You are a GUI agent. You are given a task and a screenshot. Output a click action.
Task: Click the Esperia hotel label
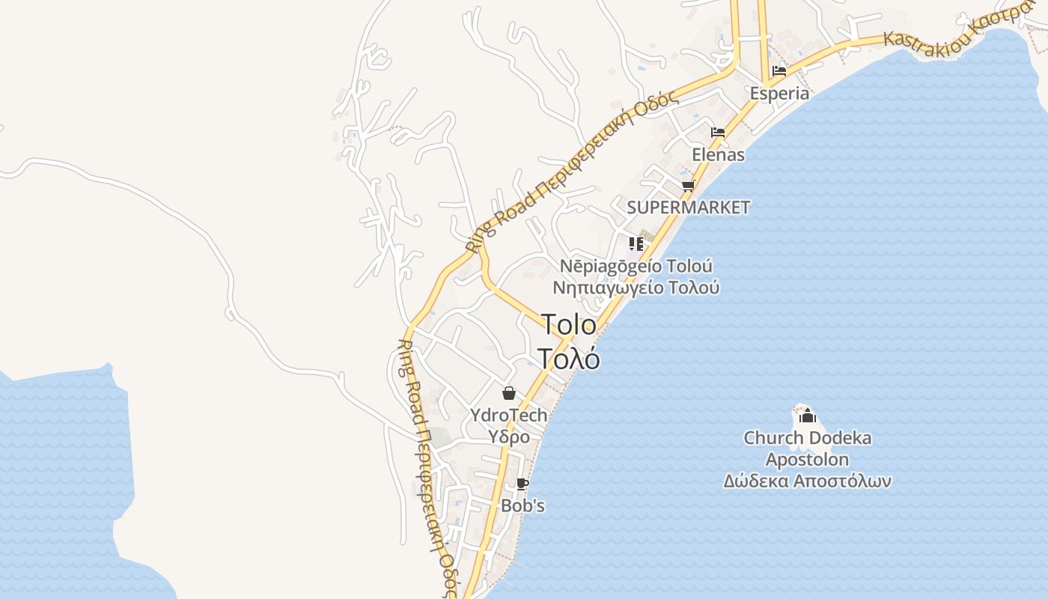click(780, 94)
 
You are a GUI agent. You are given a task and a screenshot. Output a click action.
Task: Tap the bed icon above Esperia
click(779, 72)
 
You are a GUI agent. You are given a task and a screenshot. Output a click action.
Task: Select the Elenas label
click(719, 155)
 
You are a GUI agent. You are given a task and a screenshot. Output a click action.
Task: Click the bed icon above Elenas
click(718, 133)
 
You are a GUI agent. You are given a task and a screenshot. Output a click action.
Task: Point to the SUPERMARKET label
click(688, 207)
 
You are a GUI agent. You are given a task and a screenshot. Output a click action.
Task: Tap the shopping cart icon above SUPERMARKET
click(688, 186)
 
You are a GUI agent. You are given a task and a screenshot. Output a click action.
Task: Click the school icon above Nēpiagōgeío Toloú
click(636, 243)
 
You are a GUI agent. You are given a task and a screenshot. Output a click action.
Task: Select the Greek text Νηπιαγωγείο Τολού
click(636, 288)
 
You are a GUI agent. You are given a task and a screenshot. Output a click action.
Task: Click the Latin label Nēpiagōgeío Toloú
click(636, 267)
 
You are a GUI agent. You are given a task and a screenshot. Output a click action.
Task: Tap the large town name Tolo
click(569, 325)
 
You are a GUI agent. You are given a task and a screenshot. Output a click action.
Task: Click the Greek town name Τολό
click(569, 359)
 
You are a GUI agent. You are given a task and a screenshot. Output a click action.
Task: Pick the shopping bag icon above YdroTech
click(509, 393)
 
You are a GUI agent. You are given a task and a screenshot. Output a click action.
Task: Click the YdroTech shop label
click(509, 415)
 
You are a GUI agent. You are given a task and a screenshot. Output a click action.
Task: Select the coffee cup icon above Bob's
click(523, 484)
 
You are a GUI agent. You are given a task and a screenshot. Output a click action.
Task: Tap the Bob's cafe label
click(523, 506)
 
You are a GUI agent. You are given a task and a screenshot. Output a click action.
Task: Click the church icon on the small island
click(807, 415)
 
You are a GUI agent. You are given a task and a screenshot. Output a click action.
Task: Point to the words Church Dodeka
click(807, 438)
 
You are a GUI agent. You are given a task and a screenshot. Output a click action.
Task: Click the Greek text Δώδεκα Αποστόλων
click(807, 481)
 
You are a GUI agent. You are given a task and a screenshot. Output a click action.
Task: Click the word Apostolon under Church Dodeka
click(807, 459)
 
